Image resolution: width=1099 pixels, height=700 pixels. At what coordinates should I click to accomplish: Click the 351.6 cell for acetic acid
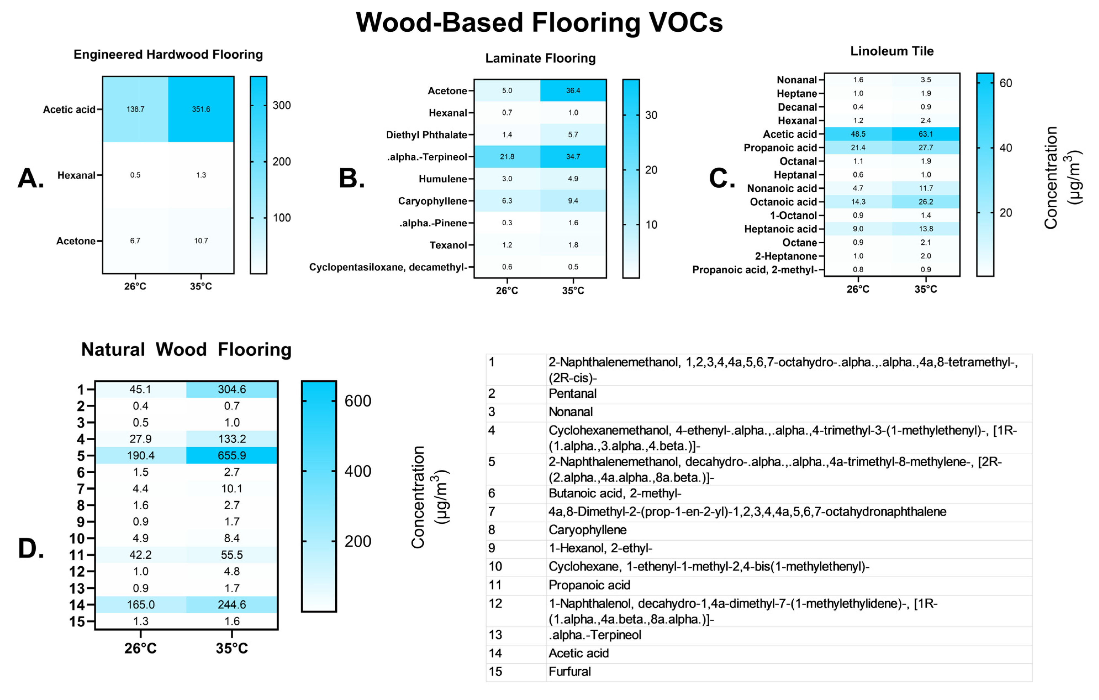click(x=201, y=109)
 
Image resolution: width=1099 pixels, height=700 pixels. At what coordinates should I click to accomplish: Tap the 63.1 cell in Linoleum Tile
click(x=926, y=134)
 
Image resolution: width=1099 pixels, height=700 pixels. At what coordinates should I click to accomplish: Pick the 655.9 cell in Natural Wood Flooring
click(x=232, y=455)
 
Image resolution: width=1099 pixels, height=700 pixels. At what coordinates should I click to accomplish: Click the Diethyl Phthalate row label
click(x=426, y=135)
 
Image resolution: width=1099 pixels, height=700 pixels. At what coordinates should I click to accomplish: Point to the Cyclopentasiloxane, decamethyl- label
click(x=388, y=267)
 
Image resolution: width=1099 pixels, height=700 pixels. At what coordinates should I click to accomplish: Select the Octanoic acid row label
click(x=783, y=202)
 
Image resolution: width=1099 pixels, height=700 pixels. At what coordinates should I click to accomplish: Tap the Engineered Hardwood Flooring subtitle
click(x=168, y=54)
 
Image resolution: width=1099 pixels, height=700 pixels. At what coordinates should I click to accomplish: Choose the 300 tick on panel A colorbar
click(x=281, y=105)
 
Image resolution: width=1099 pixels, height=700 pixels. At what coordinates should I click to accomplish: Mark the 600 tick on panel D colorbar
click(x=357, y=401)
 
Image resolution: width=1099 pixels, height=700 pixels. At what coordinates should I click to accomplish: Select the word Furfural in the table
click(x=570, y=671)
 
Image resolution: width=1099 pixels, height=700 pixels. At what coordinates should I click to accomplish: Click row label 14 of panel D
click(x=77, y=605)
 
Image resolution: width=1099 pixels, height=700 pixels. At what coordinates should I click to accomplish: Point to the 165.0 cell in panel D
click(x=140, y=604)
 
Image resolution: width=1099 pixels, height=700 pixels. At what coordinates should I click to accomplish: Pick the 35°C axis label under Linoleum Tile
click(x=926, y=289)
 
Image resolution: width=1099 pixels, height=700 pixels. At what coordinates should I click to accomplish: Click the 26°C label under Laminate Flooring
click(x=507, y=290)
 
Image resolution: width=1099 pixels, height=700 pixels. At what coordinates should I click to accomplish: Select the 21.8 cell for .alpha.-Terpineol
click(x=507, y=157)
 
